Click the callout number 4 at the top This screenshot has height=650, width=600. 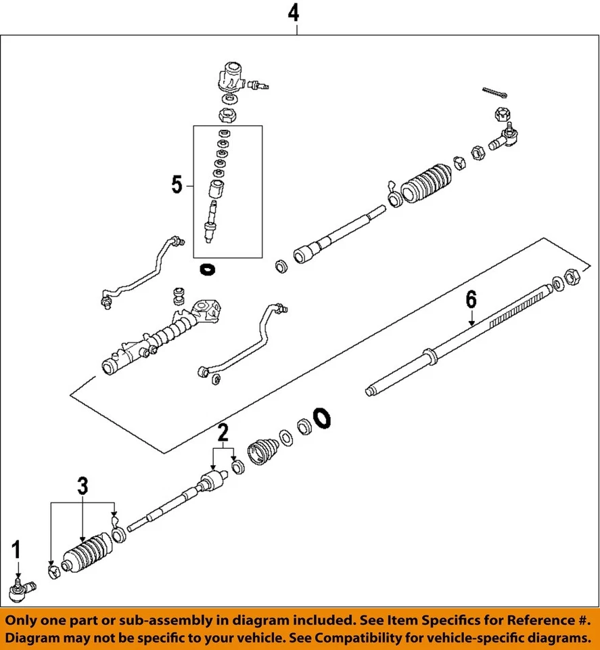(x=292, y=12)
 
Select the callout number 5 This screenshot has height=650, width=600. (x=177, y=184)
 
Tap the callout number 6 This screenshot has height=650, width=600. (x=471, y=299)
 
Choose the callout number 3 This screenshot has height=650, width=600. (x=82, y=485)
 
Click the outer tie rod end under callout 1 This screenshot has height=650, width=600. (x=22, y=592)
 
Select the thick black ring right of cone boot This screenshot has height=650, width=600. (x=321, y=417)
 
